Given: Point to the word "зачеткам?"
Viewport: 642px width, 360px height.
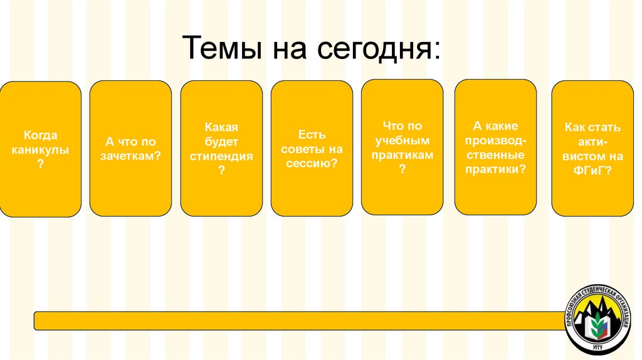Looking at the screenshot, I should [130, 156].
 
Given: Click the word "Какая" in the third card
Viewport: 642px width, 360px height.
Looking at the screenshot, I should [221, 127].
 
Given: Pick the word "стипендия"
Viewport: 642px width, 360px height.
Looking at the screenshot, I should [221, 156].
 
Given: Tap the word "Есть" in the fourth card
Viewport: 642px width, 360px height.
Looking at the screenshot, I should [312, 134].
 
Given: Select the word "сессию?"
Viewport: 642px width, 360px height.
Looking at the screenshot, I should [312, 163].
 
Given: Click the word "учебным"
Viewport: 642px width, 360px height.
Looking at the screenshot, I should [403, 140].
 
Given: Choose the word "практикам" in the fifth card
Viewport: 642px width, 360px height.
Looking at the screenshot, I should [403, 155].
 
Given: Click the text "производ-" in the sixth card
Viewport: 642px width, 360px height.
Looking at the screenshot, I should [495, 140].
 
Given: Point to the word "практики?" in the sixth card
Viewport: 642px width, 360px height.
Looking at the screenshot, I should [495, 169].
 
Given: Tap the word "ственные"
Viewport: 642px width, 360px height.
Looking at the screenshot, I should [495, 154].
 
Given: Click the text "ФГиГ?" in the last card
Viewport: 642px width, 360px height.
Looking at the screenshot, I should [592, 169].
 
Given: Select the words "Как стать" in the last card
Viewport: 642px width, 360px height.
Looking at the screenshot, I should [592, 127].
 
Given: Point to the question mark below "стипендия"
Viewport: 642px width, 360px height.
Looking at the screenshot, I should [221, 170].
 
